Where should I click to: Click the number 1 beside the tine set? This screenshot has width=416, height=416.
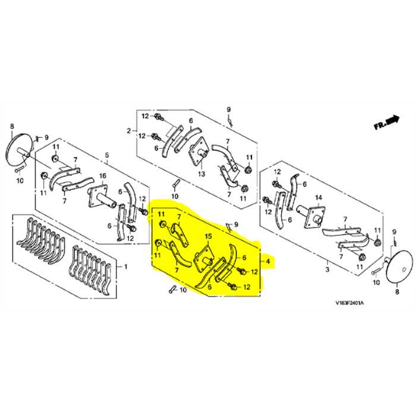125,267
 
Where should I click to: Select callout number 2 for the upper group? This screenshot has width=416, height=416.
128,130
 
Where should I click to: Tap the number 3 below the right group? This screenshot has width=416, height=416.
327,270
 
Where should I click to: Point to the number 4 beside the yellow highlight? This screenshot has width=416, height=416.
268,261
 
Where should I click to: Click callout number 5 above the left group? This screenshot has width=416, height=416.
107,156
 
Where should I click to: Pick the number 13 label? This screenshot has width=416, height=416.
201,174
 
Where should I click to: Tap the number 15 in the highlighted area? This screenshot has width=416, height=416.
208,237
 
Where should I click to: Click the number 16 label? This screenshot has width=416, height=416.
102,176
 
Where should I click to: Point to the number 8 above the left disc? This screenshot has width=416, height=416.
12,125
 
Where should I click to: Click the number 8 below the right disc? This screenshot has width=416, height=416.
398,292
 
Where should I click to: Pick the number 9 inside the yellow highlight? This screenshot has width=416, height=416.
237,223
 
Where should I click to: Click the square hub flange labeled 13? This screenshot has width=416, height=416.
198,151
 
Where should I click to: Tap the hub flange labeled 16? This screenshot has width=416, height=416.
95,197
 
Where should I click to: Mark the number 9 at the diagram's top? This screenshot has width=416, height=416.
228,109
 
